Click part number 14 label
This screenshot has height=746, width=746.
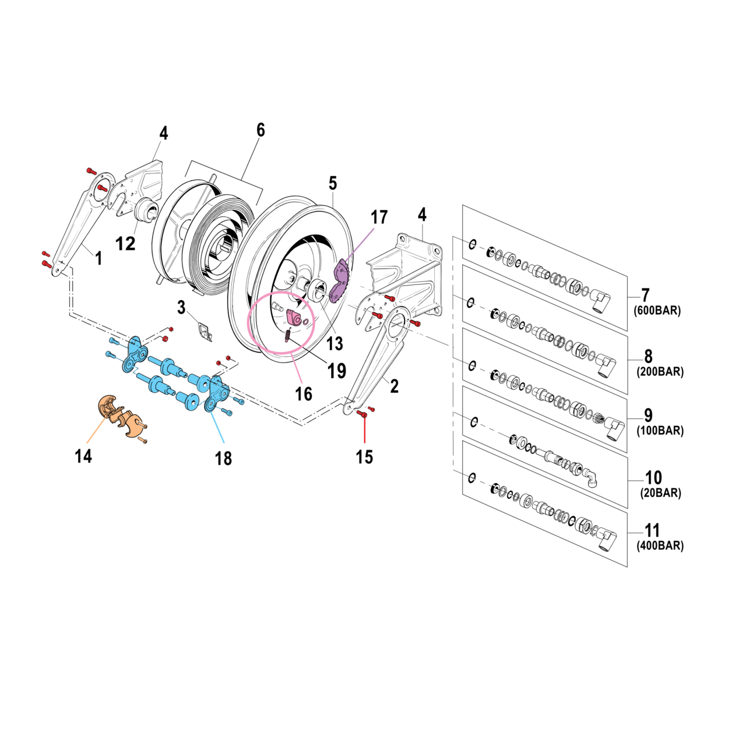click(83, 456)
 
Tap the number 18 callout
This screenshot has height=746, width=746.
click(223, 459)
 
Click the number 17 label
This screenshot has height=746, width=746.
click(379, 217)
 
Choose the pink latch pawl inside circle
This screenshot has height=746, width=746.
click(294, 319)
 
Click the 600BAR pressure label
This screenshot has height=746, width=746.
click(657, 311)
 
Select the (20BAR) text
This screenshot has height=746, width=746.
click(660, 493)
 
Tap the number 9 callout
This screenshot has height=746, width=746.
click(648, 416)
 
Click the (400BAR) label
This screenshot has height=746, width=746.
click(660, 546)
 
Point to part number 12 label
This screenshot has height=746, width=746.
click(125, 244)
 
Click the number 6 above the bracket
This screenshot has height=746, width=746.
click(261, 130)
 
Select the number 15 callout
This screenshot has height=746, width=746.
click(364, 457)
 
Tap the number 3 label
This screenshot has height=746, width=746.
click(181, 307)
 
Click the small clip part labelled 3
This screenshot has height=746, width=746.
click(204, 332)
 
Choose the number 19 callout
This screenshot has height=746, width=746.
click(337, 371)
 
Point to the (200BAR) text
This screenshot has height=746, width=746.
click(660, 372)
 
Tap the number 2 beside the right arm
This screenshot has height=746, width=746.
click(395, 386)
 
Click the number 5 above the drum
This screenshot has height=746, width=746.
click(332, 183)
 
